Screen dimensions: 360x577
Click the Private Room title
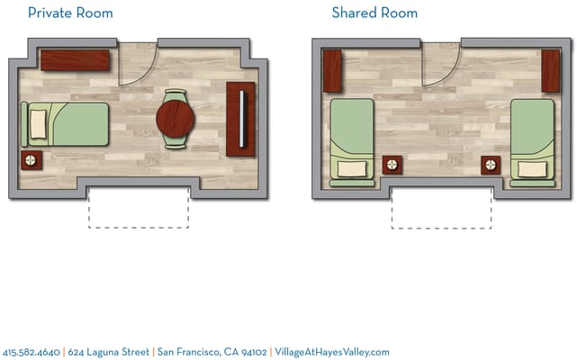click(70, 13)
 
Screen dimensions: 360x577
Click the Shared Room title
click(374, 13)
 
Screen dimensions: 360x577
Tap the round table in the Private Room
click(176, 118)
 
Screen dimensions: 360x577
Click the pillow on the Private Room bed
click(38, 124)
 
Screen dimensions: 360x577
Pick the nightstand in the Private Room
click(32, 162)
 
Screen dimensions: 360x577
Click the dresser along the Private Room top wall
click(75, 59)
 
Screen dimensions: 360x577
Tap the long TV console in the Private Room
click(240, 119)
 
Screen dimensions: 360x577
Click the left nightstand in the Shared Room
click(393, 165)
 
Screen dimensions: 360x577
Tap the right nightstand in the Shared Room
click(491, 165)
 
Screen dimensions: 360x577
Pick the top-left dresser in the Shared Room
click(332, 71)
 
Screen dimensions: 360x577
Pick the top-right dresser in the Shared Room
click(550, 71)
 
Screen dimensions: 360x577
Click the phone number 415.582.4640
click(32, 352)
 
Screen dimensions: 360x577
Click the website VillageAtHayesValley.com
click(331, 352)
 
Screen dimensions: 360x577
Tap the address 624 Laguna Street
click(108, 352)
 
